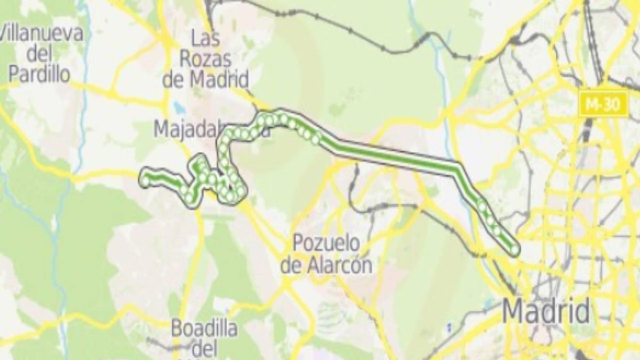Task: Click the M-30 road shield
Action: point(603,104)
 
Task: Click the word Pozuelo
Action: point(326,245)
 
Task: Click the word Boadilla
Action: point(204,329)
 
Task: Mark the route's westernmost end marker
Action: point(145,181)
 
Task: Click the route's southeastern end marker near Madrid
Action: point(514,249)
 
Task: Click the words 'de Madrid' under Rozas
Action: point(206,80)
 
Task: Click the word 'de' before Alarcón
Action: point(292,265)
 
